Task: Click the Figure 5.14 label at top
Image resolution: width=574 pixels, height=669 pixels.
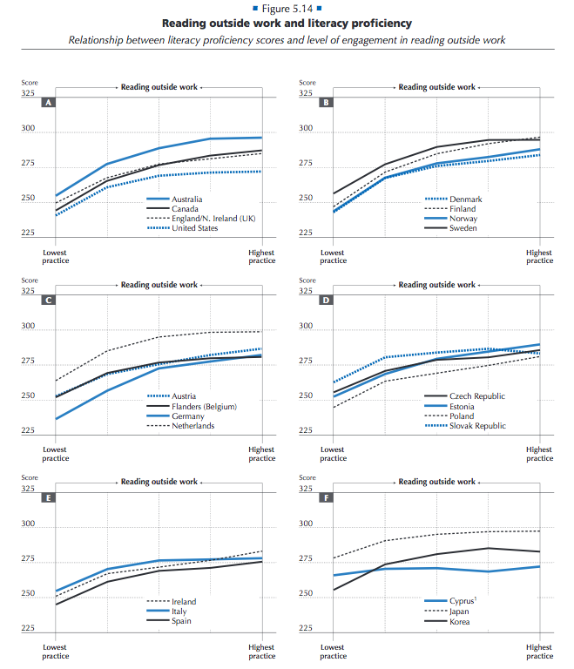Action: [x=287, y=8]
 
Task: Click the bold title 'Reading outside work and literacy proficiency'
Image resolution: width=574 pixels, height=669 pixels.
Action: [x=287, y=24]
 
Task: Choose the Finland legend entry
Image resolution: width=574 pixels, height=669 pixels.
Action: [x=463, y=209]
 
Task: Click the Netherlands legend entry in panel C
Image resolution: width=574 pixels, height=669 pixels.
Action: [x=193, y=426]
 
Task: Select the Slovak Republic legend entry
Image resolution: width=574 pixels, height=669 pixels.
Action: [x=477, y=426]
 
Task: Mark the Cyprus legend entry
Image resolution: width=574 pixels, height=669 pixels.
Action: [x=463, y=602]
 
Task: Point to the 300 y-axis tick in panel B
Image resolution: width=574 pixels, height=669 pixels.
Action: [x=306, y=129]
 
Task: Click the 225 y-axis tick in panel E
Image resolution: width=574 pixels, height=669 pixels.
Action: [x=28, y=629]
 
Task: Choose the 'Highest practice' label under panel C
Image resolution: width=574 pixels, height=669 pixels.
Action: [x=261, y=454]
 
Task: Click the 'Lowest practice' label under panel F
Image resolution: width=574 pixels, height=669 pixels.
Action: [x=333, y=652]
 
